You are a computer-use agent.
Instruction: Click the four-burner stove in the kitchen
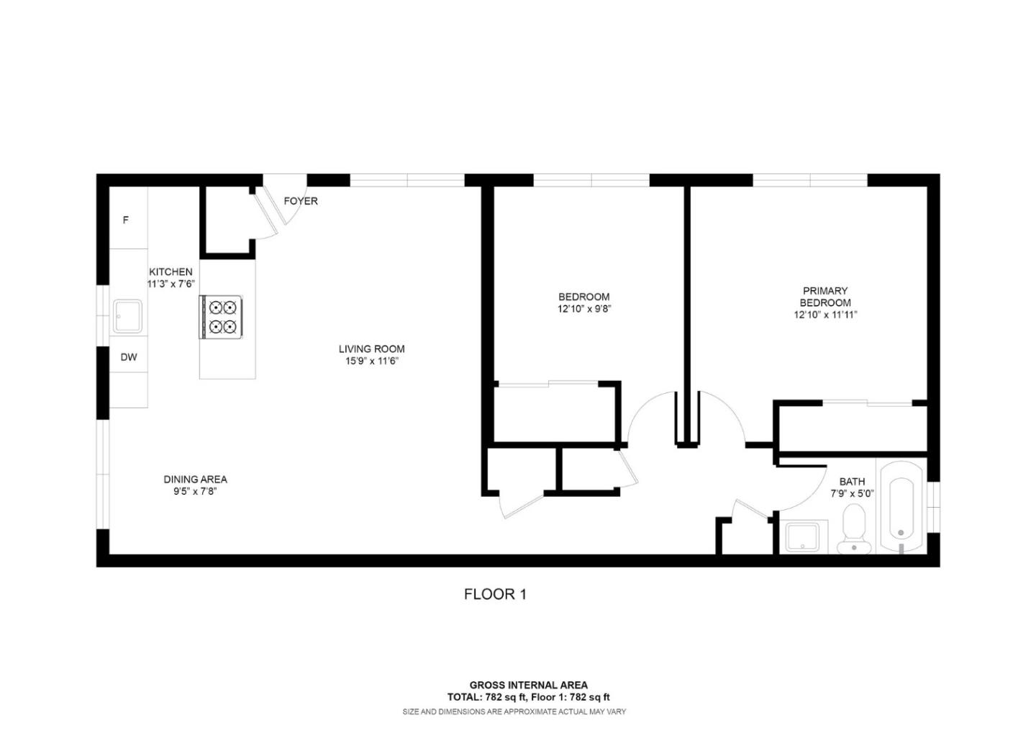coord(222,317)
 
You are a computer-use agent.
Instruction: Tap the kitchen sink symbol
coord(127,316)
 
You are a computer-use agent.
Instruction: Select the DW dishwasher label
coord(128,357)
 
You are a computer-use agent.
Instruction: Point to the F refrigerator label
coord(126,220)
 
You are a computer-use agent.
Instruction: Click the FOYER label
coord(301,201)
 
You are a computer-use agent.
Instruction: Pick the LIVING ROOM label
coord(371,349)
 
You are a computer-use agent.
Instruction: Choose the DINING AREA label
coord(195,479)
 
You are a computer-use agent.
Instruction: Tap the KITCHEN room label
coord(171,271)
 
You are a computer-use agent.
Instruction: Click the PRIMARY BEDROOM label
coord(825,297)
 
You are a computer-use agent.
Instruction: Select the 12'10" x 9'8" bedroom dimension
coord(584,309)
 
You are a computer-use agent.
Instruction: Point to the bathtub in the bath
coord(901,508)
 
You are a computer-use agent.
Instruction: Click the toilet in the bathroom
coord(854,528)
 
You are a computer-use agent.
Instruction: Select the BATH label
coord(852,482)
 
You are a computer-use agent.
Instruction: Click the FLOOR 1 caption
coord(495,594)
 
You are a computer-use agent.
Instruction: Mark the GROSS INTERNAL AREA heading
coord(528,685)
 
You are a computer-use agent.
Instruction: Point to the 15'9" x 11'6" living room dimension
coord(371,361)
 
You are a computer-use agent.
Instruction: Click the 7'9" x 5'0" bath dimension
coord(852,494)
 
